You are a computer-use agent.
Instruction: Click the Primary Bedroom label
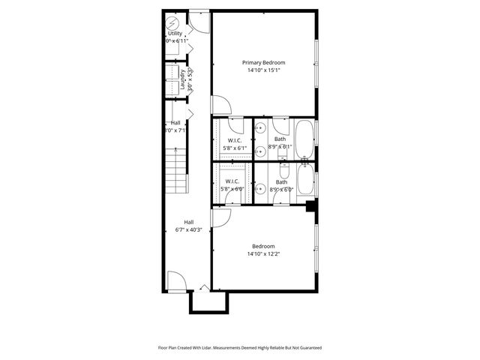263,62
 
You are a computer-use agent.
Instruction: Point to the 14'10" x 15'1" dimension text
263,70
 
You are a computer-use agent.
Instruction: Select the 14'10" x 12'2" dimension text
263,254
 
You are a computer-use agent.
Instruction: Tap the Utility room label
174,33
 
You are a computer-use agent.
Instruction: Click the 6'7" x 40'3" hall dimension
189,230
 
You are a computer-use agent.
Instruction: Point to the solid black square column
310,207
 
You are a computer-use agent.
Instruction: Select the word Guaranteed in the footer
308,348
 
